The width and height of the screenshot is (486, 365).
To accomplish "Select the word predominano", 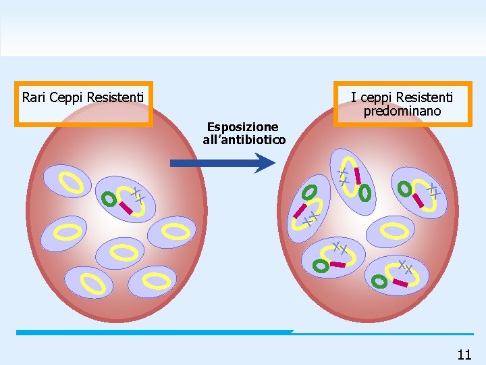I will click(x=402, y=111).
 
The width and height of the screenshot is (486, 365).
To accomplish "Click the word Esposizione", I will click(x=242, y=127).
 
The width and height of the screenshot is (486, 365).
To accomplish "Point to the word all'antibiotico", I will click(x=244, y=140).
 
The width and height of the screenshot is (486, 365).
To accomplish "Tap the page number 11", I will click(x=464, y=354).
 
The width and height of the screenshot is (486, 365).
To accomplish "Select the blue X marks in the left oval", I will click(x=138, y=195).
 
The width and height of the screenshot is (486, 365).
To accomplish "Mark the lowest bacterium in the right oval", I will click(x=396, y=274).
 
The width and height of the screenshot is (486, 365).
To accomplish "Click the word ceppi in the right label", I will click(x=377, y=97).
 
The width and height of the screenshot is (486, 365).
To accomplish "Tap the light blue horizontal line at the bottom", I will click(x=155, y=332).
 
